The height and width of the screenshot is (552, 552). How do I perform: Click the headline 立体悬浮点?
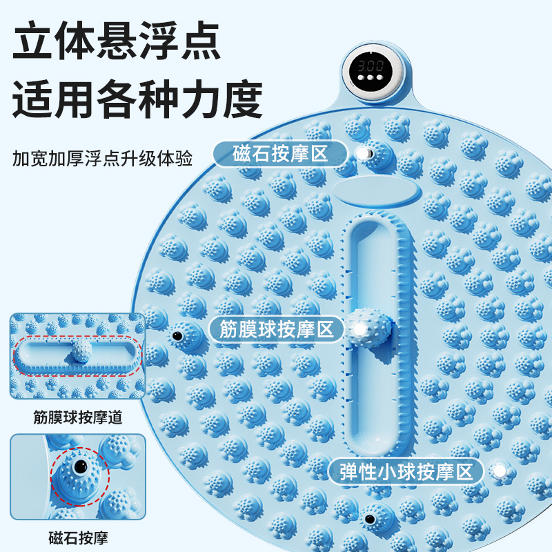(117, 43)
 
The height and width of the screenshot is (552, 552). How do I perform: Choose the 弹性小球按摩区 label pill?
(409, 472)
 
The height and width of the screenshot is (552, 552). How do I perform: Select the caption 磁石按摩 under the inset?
(78, 538)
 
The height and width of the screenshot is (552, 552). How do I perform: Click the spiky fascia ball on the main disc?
(368, 328)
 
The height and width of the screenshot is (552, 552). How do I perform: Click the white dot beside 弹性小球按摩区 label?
(498, 471)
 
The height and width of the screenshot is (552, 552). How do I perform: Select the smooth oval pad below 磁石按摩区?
(376, 189)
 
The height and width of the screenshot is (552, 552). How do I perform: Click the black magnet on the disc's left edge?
(177, 335)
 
